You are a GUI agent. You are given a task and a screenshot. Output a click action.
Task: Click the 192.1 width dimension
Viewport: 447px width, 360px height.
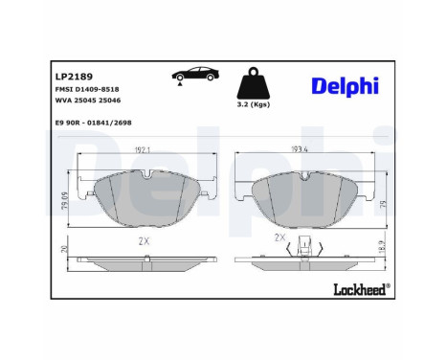tap(143, 150)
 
